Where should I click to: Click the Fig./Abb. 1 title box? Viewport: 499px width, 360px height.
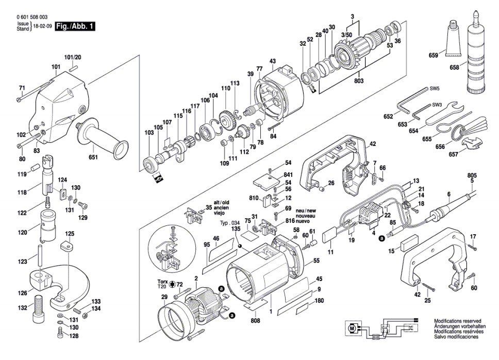[75, 26]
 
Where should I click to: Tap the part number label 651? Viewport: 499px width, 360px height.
[93, 157]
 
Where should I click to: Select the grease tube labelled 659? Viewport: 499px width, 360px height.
[452, 38]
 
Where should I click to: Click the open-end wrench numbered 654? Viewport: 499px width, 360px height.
[441, 113]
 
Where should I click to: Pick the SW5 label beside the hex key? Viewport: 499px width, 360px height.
[435, 89]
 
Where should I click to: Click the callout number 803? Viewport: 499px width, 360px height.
[359, 81]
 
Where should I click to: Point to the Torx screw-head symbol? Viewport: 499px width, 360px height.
[173, 284]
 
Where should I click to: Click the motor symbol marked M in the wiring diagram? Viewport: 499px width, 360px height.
[352, 328]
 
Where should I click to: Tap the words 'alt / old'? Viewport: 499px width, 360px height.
[221, 203]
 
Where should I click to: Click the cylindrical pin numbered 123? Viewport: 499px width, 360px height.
[40, 255]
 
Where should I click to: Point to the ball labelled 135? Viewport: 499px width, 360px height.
[239, 246]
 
